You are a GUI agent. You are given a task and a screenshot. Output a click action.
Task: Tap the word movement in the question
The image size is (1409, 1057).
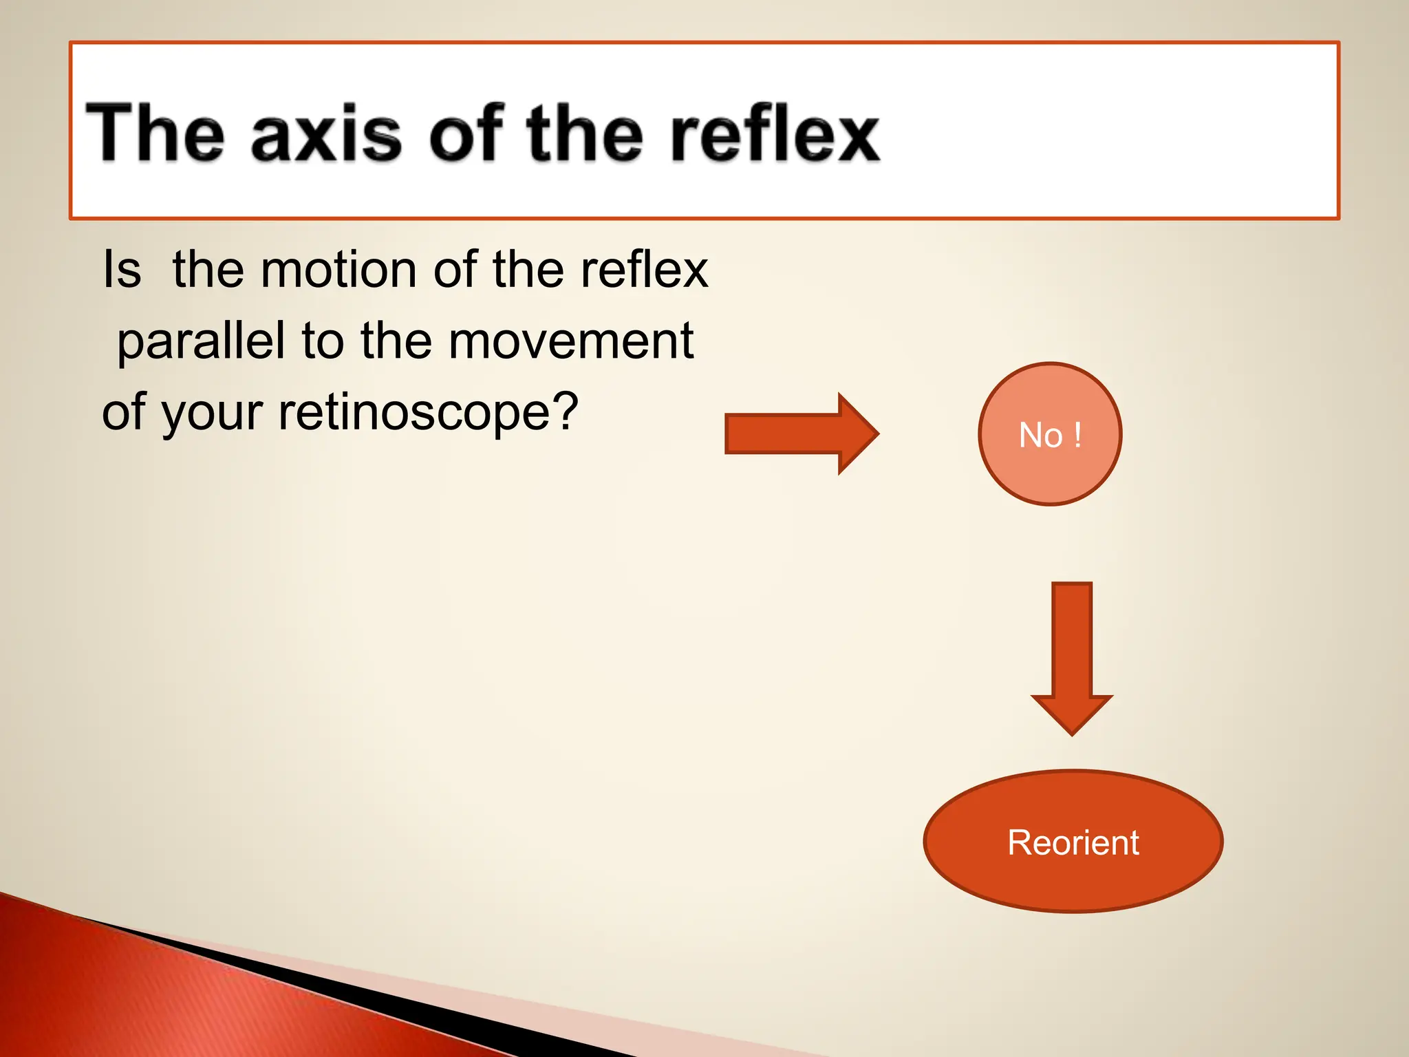point(570,341)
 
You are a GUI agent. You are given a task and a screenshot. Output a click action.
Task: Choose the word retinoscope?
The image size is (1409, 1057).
point(427,413)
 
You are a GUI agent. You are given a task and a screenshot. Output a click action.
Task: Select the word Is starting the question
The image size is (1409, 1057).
point(122,270)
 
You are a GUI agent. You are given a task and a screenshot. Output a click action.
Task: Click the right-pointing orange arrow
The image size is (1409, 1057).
point(791,434)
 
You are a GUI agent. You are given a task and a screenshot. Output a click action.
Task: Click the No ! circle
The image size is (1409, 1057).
point(1050,434)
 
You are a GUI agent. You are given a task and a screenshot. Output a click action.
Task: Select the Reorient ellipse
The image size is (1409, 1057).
point(1073,842)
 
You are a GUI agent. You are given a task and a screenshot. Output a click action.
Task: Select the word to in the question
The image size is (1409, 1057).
point(323,342)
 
